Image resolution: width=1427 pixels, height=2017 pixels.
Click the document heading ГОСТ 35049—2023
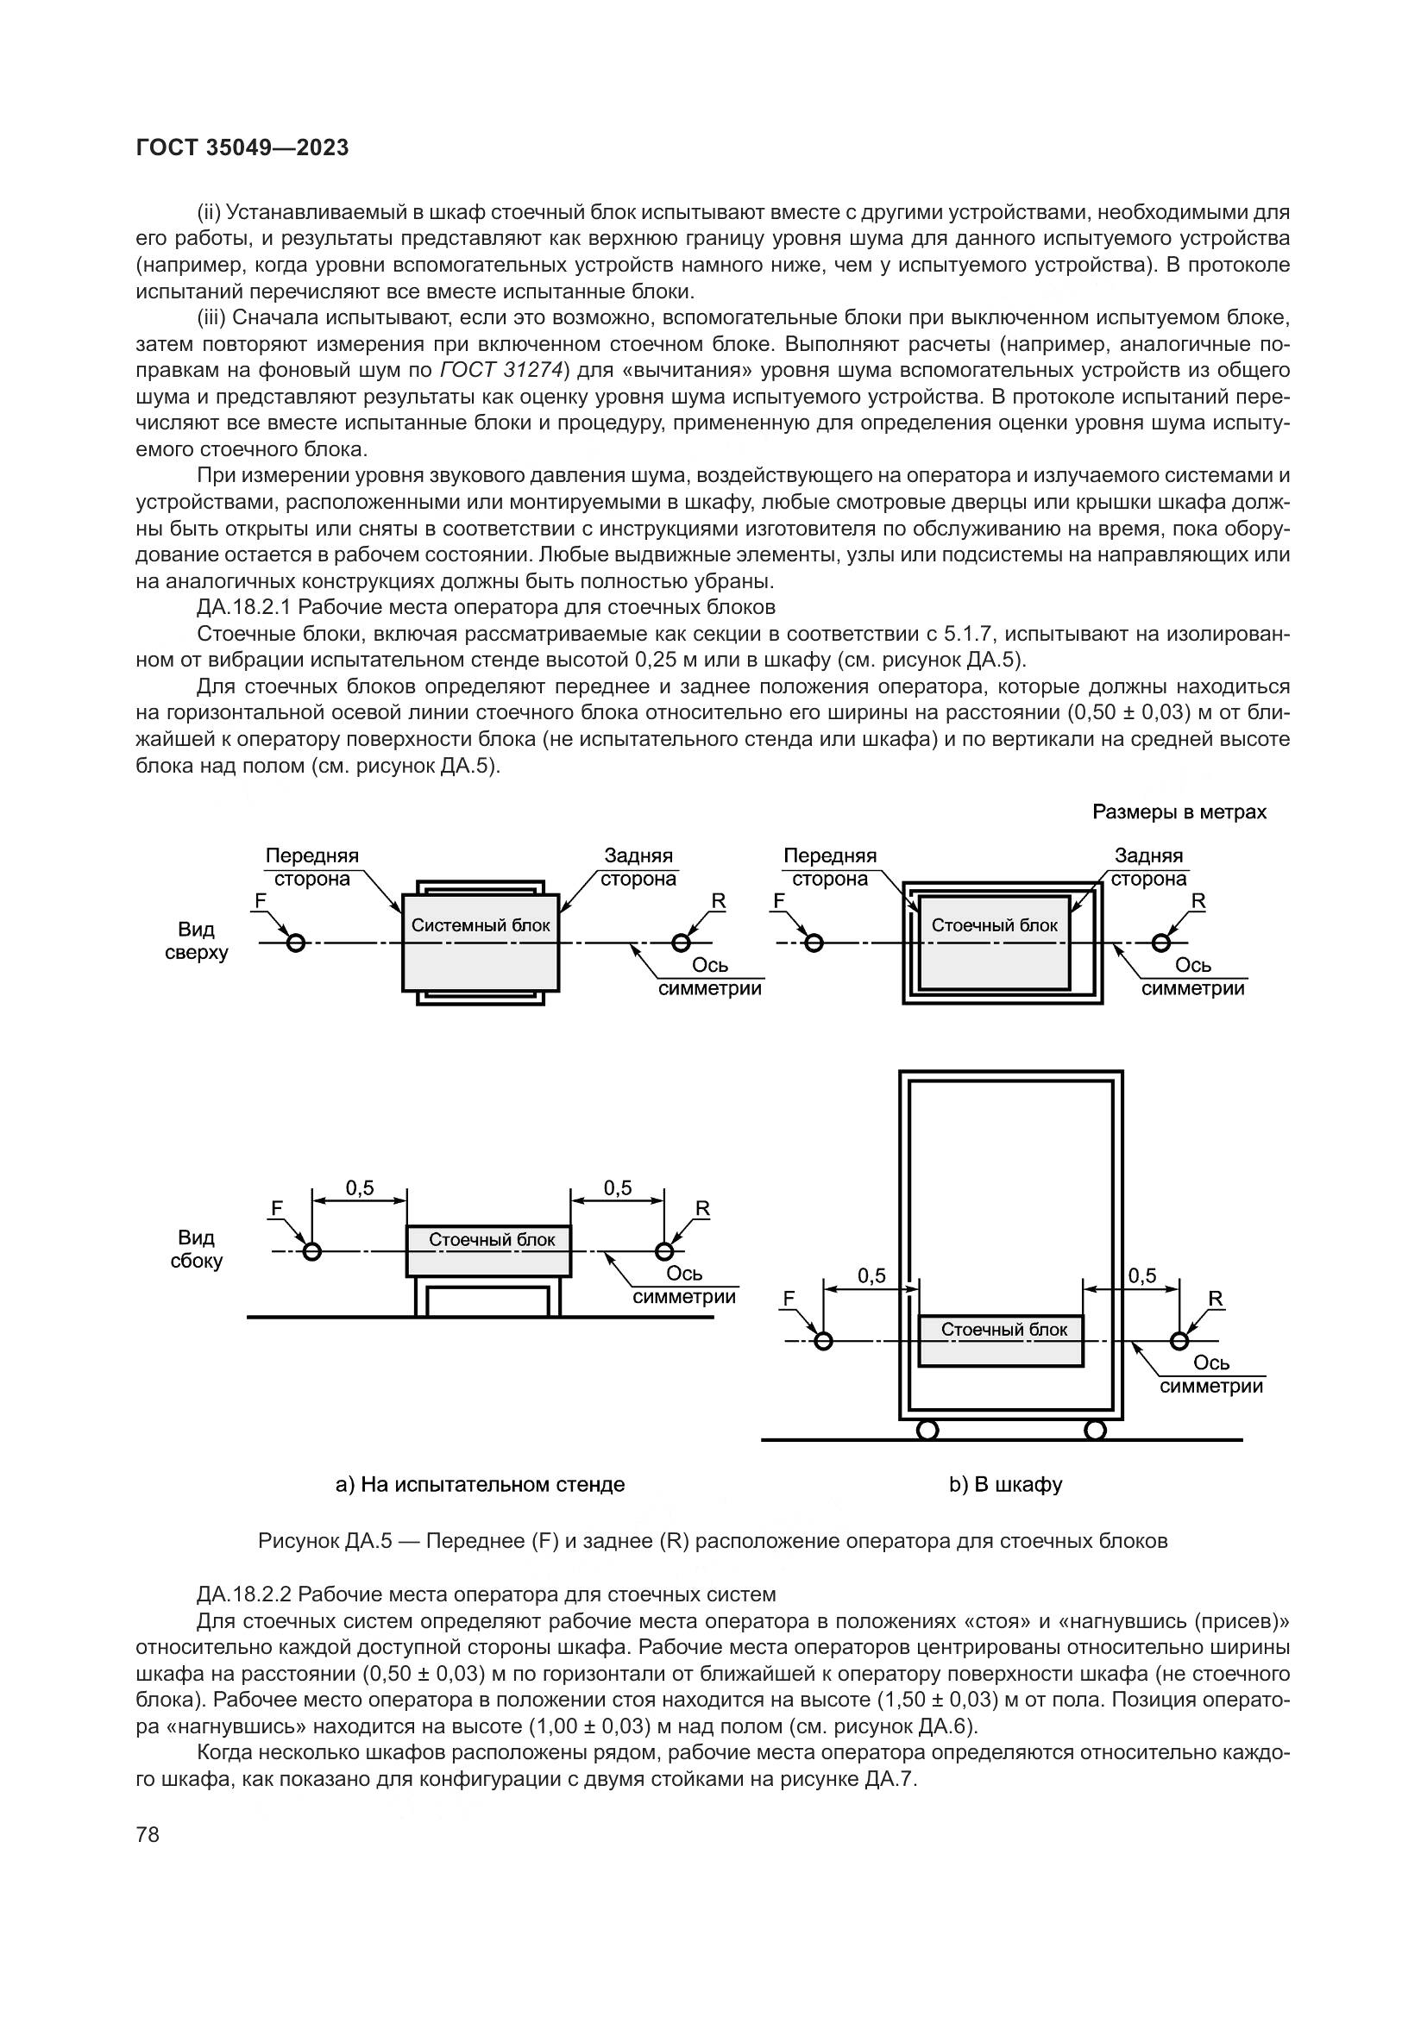(x=242, y=147)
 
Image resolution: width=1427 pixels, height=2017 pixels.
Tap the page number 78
(x=148, y=1834)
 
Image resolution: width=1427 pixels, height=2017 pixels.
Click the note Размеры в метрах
(x=1179, y=811)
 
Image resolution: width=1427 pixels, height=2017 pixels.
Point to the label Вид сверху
(x=196, y=941)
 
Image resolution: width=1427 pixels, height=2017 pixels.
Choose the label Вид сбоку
(x=196, y=1250)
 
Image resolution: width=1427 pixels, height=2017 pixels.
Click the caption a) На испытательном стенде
(x=480, y=1485)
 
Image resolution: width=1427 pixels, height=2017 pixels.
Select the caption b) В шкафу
(x=1005, y=1485)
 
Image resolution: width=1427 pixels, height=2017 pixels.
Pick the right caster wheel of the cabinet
(x=1095, y=1429)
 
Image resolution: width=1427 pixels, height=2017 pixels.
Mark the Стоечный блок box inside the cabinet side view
(x=1001, y=1342)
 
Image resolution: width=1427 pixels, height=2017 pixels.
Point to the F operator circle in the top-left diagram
(x=296, y=943)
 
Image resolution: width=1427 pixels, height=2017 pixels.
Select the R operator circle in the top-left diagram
(x=681, y=943)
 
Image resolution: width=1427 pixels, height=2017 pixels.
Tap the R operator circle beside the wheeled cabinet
(x=1179, y=1341)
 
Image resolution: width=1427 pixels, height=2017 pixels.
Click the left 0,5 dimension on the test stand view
(x=360, y=1188)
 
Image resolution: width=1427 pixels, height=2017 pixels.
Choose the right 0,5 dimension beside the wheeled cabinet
(x=1142, y=1275)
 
